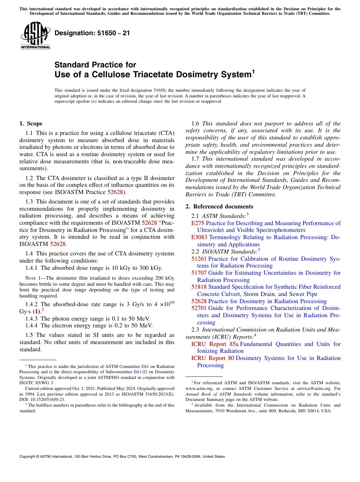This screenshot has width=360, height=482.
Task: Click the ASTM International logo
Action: click(35, 36)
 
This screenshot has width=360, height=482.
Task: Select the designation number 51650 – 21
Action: click(92, 33)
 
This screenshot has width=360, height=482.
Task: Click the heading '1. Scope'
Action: click(31, 124)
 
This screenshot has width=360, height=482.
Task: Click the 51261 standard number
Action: click(199, 259)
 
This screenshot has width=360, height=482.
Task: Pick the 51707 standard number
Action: click(199, 273)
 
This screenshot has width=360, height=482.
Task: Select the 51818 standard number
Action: click(199, 287)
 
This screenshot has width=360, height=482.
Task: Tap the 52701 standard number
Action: click(199, 308)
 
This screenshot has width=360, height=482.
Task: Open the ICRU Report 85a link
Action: click(215, 344)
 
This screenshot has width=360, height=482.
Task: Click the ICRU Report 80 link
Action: click(213, 358)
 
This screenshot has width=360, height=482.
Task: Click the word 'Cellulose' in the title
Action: click(98, 74)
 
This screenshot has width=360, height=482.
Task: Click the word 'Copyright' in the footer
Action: click(28, 457)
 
